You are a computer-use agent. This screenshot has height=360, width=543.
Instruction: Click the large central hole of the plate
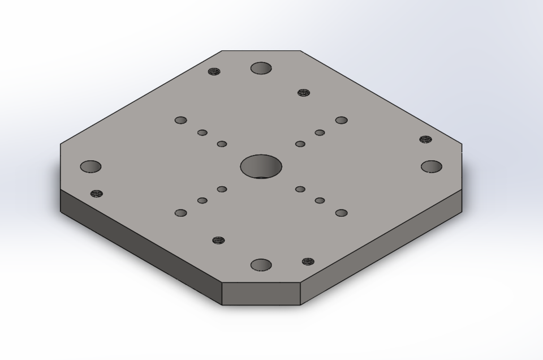click(x=261, y=166)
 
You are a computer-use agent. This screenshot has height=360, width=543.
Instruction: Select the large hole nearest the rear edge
click(x=261, y=69)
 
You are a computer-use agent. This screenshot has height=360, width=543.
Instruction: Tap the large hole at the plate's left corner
click(x=90, y=167)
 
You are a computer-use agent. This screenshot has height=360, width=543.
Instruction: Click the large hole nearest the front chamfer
click(x=261, y=264)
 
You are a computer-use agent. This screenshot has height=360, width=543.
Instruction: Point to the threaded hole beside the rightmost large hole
click(x=425, y=139)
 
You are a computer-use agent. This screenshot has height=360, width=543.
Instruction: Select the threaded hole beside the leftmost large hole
click(x=97, y=194)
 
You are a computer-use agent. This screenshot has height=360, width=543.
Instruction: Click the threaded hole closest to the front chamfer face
click(x=308, y=262)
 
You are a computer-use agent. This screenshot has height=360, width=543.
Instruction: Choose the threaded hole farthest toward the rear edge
click(x=214, y=72)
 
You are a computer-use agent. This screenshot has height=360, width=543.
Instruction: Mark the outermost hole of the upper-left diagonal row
click(x=181, y=120)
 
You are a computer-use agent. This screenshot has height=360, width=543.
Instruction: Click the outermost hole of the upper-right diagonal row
click(x=341, y=120)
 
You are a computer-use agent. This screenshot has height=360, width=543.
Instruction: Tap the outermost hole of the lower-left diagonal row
click(x=181, y=213)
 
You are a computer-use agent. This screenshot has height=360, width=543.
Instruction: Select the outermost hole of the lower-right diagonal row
click(x=341, y=213)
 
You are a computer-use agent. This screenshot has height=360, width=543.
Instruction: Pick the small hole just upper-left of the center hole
click(x=222, y=144)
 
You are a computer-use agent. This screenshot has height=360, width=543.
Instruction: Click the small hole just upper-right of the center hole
click(x=300, y=144)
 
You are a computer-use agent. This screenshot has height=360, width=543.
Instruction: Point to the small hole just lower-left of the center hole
click(x=222, y=189)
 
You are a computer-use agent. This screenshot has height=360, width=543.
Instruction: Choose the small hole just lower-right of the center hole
click(x=300, y=189)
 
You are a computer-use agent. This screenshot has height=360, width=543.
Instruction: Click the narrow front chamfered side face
click(x=261, y=293)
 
